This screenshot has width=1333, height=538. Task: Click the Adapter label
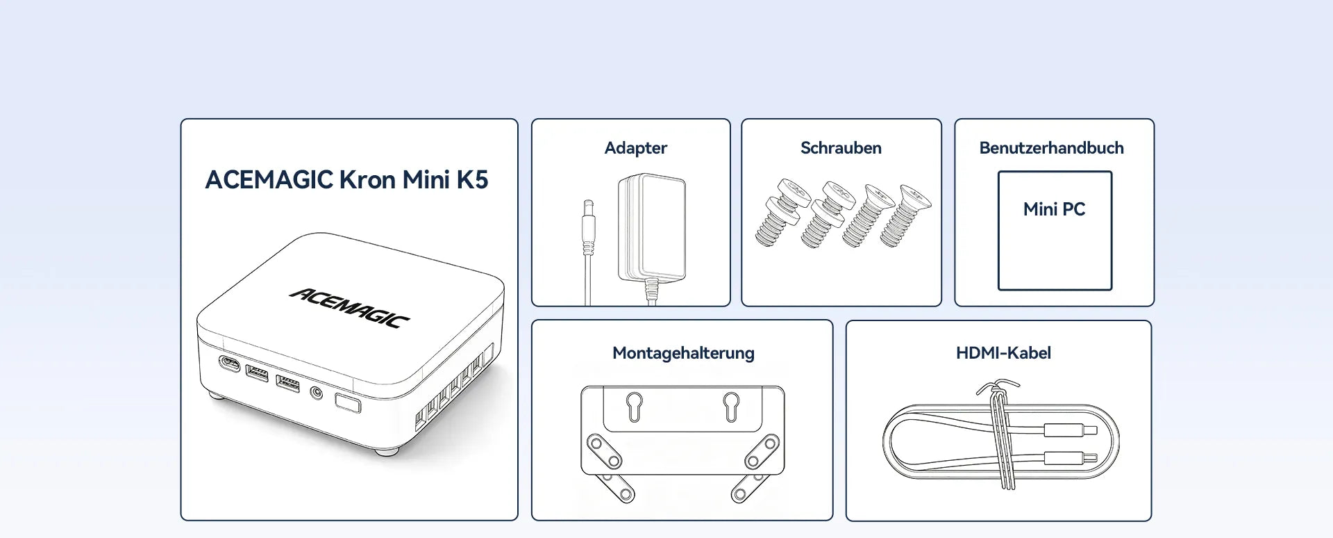click(x=635, y=148)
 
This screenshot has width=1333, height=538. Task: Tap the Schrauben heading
click(x=841, y=148)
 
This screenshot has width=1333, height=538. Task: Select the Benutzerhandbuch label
click(x=1051, y=148)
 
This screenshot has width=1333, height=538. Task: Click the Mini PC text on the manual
click(x=1054, y=209)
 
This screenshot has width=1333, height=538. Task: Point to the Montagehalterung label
click(x=683, y=353)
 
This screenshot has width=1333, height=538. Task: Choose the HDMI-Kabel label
click(x=1003, y=353)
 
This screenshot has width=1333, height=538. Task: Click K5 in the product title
click(x=472, y=180)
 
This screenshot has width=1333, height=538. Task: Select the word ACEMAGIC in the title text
click(x=269, y=180)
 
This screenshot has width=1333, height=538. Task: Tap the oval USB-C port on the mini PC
click(x=229, y=363)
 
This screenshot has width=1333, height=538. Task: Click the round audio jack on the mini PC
click(x=317, y=393)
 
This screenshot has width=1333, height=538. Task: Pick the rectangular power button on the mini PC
click(x=348, y=403)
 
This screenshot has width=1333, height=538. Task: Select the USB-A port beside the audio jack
click(x=288, y=383)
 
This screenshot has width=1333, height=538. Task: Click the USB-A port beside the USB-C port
click(x=257, y=373)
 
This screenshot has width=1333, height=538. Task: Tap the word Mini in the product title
click(x=426, y=180)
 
